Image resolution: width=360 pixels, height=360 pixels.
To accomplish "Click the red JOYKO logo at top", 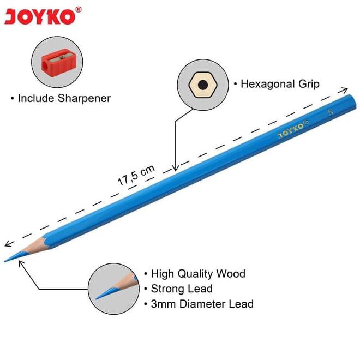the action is (x=39, y=16).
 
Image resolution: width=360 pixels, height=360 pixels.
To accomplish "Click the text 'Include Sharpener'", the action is (x=64, y=99).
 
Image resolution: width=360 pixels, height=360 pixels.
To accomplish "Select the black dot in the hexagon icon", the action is (x=202, y=85).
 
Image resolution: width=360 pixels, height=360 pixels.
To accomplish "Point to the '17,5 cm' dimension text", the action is (x=136, y=176).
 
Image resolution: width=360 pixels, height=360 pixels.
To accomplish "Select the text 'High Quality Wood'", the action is (x=198, y=274).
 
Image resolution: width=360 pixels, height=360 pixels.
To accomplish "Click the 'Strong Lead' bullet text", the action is (x=182, y=289).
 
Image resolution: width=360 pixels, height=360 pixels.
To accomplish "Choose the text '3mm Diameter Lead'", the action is (x=202, y=304).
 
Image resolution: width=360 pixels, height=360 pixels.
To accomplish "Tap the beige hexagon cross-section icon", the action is (x=202, y=85).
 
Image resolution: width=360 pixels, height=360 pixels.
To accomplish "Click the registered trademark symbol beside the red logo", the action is (x=79, y=9).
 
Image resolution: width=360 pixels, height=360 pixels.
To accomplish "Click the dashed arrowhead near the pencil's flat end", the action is (x=345, y=88).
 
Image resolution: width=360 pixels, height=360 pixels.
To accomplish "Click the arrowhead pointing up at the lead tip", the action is (x=21, y=262).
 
